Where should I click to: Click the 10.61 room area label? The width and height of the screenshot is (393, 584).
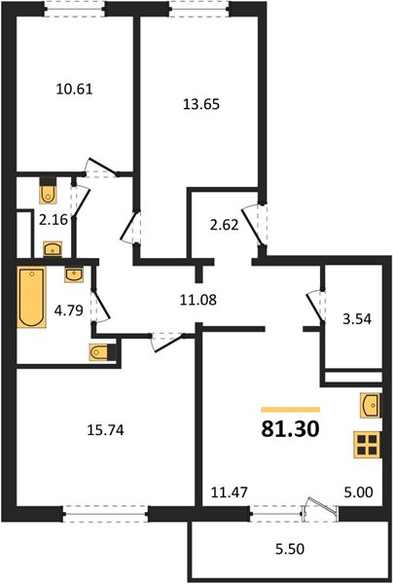click(75, 90)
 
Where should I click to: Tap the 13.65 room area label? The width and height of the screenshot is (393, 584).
click(201, 104)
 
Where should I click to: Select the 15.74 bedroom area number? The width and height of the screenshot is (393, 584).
click(105, 430)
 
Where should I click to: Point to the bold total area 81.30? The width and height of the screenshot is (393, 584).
click(290, 429)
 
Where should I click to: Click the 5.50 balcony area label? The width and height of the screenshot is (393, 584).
click(290, 549)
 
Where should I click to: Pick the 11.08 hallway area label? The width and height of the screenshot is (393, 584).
click(198, 300)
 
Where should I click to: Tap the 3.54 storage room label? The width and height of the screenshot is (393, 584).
click(357, 319)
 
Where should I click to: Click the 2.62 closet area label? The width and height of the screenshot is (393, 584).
click(224, 225)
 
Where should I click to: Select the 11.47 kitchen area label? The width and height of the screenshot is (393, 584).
click(230, 493)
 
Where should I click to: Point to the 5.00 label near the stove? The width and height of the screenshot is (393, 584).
click(358, 493)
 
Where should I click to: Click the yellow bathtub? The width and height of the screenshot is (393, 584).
click(32, 297)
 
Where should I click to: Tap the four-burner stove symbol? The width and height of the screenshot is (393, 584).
click(367, 445)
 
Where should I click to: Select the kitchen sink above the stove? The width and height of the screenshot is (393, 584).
click(371, 405)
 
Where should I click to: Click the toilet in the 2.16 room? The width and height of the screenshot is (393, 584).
click(48, 192)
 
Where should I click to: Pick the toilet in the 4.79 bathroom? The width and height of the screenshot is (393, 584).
click(101, 352)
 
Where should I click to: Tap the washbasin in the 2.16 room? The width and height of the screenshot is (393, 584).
click(53, 249)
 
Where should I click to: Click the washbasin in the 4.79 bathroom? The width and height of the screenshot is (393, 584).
click(74, 274)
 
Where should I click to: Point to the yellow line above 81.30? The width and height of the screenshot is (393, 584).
click(291, 410)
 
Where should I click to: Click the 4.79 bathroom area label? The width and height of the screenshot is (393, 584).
click(68, 310)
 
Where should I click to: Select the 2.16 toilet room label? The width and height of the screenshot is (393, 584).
click(54, 220)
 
